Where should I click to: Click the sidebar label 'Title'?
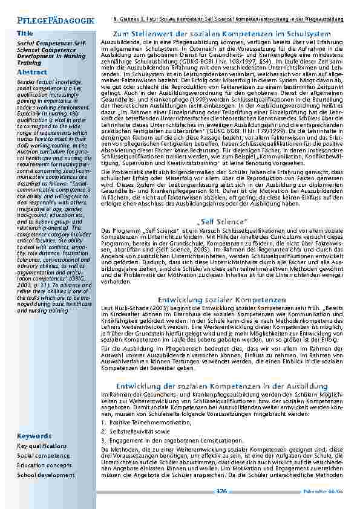click(x=25, y=33)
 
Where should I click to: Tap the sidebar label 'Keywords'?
click(x=34, y=436)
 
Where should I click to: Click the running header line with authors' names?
click(x=229, y=20)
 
